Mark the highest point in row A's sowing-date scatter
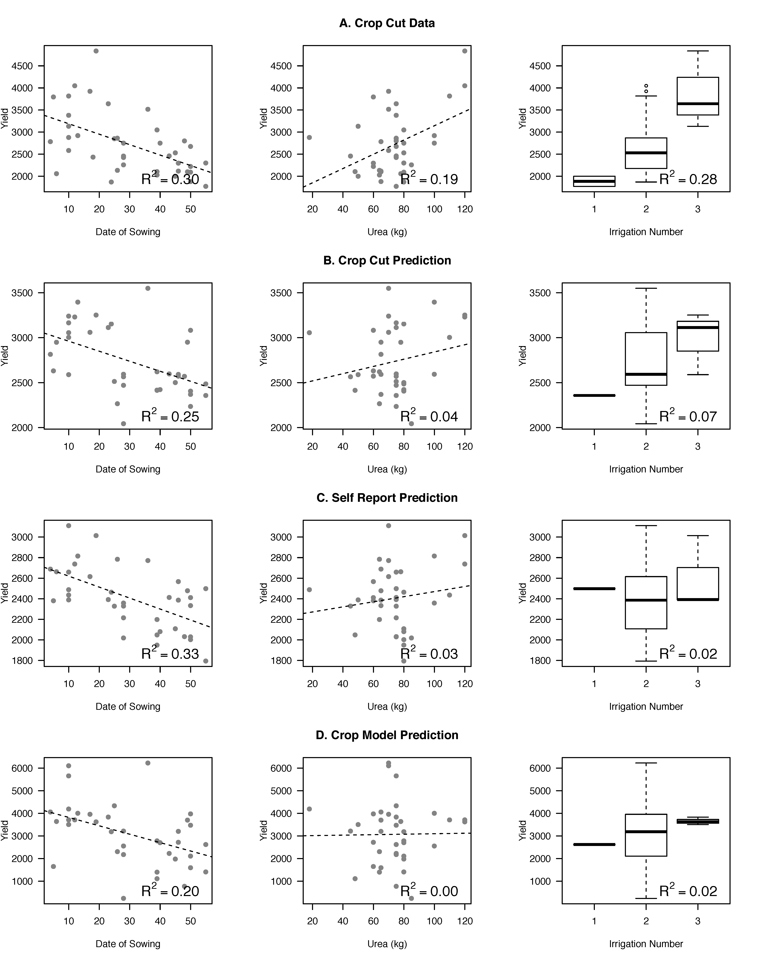pos(96,51)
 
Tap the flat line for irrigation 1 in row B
pos(594,395)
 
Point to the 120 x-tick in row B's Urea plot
pos(465,447)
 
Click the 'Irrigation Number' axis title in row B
pos(646,469)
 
